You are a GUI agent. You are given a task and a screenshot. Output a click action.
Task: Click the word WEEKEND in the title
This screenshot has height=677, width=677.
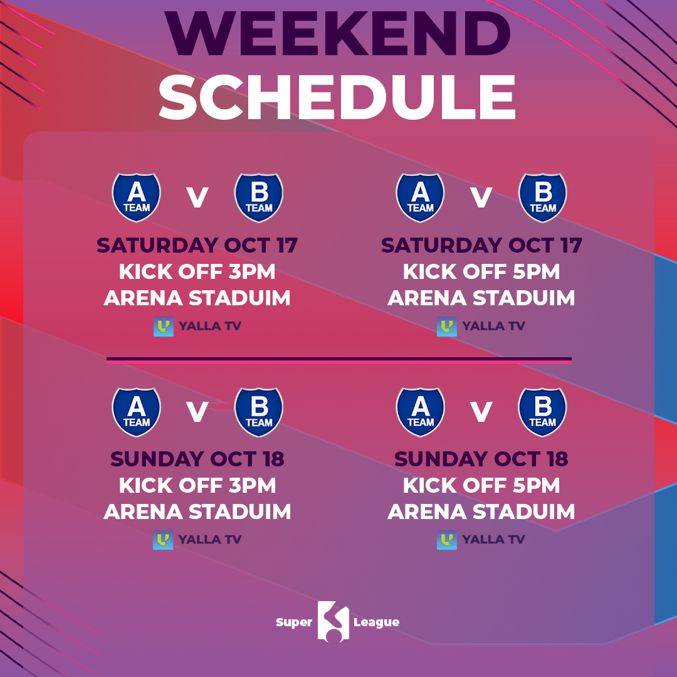(338, 34)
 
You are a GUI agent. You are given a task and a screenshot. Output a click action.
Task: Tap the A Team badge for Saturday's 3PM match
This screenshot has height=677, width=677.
(136, 197)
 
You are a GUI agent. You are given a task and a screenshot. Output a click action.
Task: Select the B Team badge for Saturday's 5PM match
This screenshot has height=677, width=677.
(542, 197)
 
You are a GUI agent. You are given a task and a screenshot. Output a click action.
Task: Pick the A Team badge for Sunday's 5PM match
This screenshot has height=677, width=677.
(420, 412)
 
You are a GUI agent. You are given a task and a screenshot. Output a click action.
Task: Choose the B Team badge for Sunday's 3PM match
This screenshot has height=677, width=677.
(259, 412)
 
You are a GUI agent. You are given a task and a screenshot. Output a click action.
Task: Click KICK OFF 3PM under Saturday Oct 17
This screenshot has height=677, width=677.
(197, 271)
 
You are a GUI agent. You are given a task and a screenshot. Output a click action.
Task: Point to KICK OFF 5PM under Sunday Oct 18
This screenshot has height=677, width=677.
(481, 485)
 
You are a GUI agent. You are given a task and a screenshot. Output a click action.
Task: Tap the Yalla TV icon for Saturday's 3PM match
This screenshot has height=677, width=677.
(164, 327)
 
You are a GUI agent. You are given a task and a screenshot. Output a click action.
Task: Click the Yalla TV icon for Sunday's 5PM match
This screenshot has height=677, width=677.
(447, 540)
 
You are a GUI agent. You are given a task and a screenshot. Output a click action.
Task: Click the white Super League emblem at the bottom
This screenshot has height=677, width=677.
(333, 621)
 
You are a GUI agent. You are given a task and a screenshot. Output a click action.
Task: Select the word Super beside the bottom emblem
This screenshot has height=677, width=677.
(294, 622)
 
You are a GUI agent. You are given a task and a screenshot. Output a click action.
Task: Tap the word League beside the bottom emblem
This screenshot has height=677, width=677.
(377, 622)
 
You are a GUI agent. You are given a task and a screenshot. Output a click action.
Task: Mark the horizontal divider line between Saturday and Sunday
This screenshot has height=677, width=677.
(339, 360)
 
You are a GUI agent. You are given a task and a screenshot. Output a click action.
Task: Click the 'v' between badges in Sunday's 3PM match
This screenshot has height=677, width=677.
(197, 412)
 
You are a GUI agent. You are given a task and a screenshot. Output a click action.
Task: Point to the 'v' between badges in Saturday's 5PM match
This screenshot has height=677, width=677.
(481, 197)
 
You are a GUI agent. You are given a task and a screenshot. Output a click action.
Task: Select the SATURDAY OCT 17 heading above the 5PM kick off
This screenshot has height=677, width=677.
(481, 245)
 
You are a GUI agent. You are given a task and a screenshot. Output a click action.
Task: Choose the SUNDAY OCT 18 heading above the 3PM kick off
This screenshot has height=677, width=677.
(197, 459)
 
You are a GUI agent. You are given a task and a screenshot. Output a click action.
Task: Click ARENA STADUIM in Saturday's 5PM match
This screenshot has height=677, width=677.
(481, 298)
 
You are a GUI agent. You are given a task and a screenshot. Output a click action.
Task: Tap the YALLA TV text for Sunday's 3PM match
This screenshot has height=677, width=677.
(210, 540)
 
